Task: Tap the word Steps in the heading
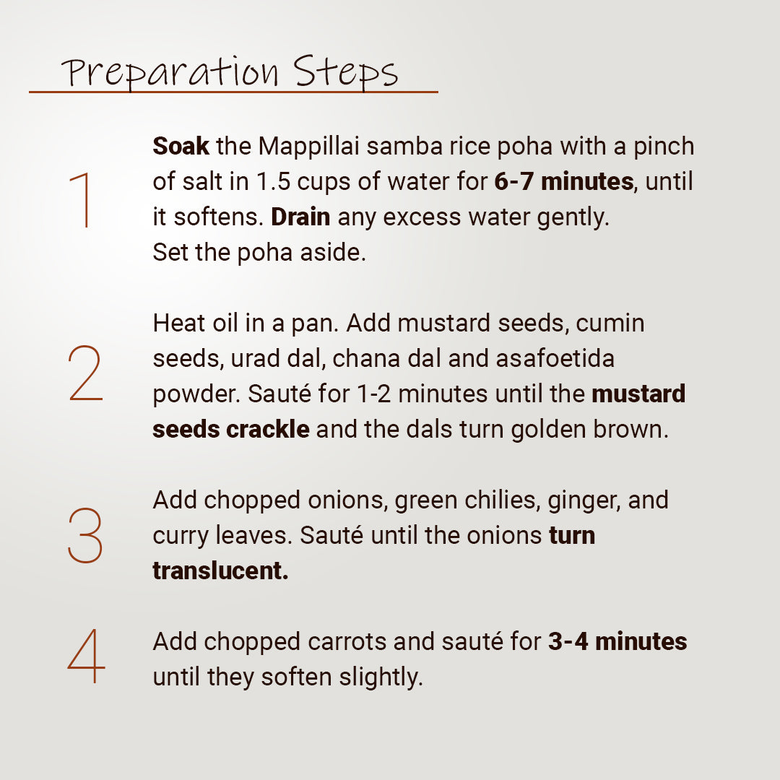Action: pyautogui.click(x=345, y=73)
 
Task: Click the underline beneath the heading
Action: pyautogui.click(x=233, y=92)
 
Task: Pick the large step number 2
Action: pyautogui.click(x=85, y=373)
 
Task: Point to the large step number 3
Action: pyautogui.click(x=85, y=535)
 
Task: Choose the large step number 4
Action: pyautogui.click(x=86, y=657)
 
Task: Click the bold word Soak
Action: pyautogui.click(x=181, y=147)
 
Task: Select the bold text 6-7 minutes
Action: pyautogui.click(x=563, y=182)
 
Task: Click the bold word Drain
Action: pyautogui.click(x=301, y=217)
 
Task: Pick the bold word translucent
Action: pyautogui.click(x=220, y=571)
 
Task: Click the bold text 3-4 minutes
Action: pyautogui.click(x=617, y=641)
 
